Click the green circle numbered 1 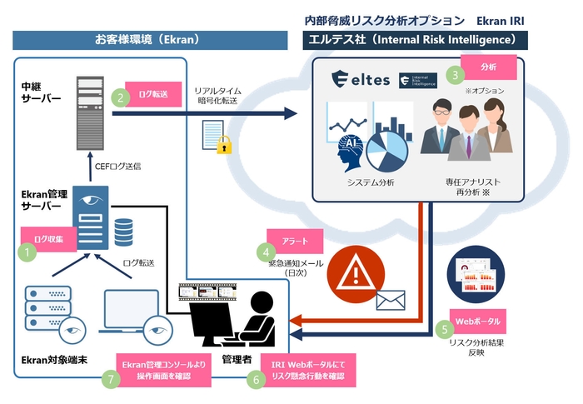click(x=29, y=248)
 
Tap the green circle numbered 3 click(x=455, y=74)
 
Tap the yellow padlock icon click(x=223, y=145)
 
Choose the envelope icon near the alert click(x=391, y=299)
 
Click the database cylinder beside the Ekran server click(x=124, y=232)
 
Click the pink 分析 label click(x=488, y=66)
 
